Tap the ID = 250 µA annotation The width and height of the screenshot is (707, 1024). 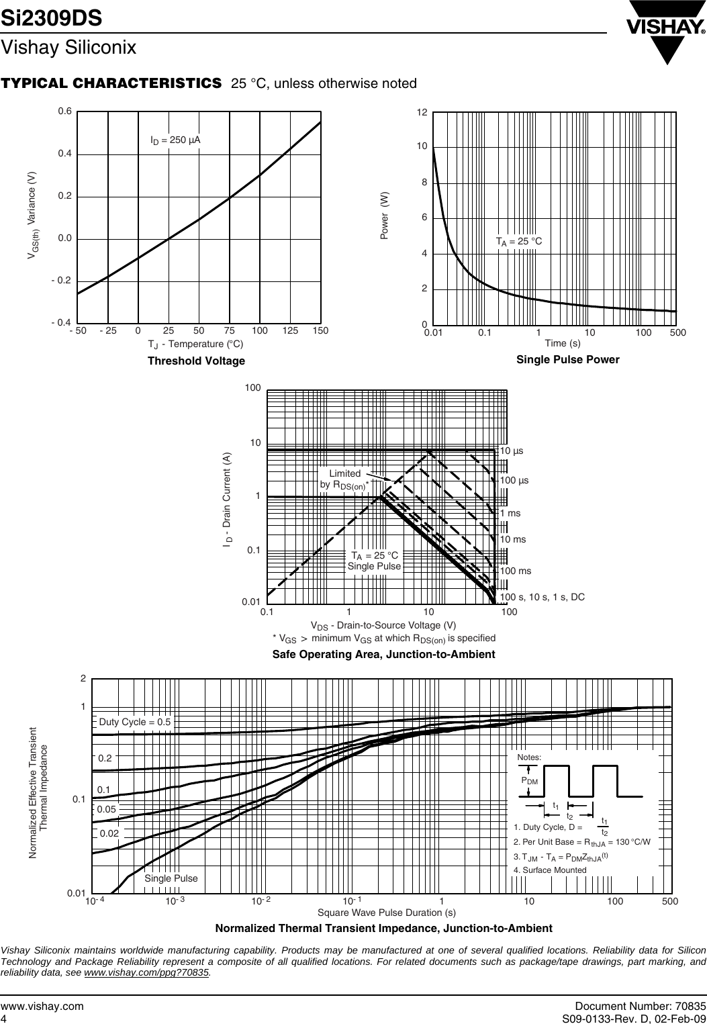(175, 140)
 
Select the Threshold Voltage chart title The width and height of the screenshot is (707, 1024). (196, 361)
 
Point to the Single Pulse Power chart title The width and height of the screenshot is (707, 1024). (567, 360)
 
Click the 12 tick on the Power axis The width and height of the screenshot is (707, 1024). (422, 111)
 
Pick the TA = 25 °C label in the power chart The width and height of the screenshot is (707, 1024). (518, 241)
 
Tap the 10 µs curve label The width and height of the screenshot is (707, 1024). (512, 451)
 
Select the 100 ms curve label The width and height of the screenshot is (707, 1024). (515, 571)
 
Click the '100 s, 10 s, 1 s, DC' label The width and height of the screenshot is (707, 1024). (542, 596)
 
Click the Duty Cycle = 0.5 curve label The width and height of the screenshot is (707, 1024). (135, 722)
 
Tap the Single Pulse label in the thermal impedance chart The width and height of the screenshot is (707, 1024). (171, 878)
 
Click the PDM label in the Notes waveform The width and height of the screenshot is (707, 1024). (530, 781)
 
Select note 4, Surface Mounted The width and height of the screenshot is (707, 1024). (550, 870)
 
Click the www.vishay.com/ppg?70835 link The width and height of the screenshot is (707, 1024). (147, 972)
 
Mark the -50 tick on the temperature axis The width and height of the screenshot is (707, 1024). (78, 331)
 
